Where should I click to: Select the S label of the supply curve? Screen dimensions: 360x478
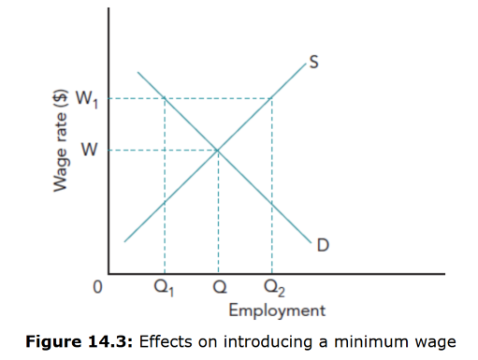[314, 63]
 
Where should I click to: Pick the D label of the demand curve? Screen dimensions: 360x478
[323, 245]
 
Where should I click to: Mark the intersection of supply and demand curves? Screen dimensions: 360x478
[218, 150]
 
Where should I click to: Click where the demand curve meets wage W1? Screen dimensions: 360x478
[166, 98]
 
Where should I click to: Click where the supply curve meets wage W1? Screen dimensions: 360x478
[271, 98]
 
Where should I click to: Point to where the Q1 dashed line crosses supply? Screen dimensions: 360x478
[166, 201]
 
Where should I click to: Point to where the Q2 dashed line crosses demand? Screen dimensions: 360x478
[271, 202]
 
